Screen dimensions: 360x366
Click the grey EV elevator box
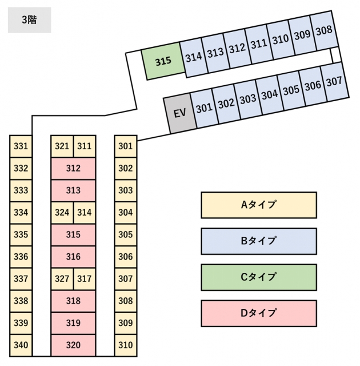click(x=180, y=113)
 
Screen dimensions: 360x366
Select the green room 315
click(x=163, y=61)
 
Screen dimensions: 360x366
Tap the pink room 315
click(x=73, y=234)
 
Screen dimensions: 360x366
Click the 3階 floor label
click(x=29, y=20)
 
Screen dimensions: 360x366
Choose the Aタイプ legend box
click(x=259, y=205)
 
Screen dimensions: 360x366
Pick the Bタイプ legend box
click(x=259, y=241)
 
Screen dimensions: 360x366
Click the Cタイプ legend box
click(x=259, y=277)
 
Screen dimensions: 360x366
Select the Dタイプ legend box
click(x=259, y=313)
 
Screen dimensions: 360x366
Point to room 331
click(x=21, y=146)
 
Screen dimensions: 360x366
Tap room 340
click(x=21, y=345)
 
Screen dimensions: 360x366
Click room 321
click(x=62, y=146)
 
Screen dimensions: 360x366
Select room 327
click(x=62, y=279)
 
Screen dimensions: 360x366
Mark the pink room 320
click(x=73, y=345)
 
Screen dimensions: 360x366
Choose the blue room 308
click(x=323, y=30)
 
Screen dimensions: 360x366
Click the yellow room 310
click(x=126, y=345)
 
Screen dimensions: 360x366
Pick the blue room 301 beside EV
click(x=204, y=109)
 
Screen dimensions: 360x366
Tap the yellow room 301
click(x=126, y=146)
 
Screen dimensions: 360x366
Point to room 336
click(x=21, y=257)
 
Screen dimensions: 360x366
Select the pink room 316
click(x=73, y=257)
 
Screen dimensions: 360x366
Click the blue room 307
click(x=334, y=82)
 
